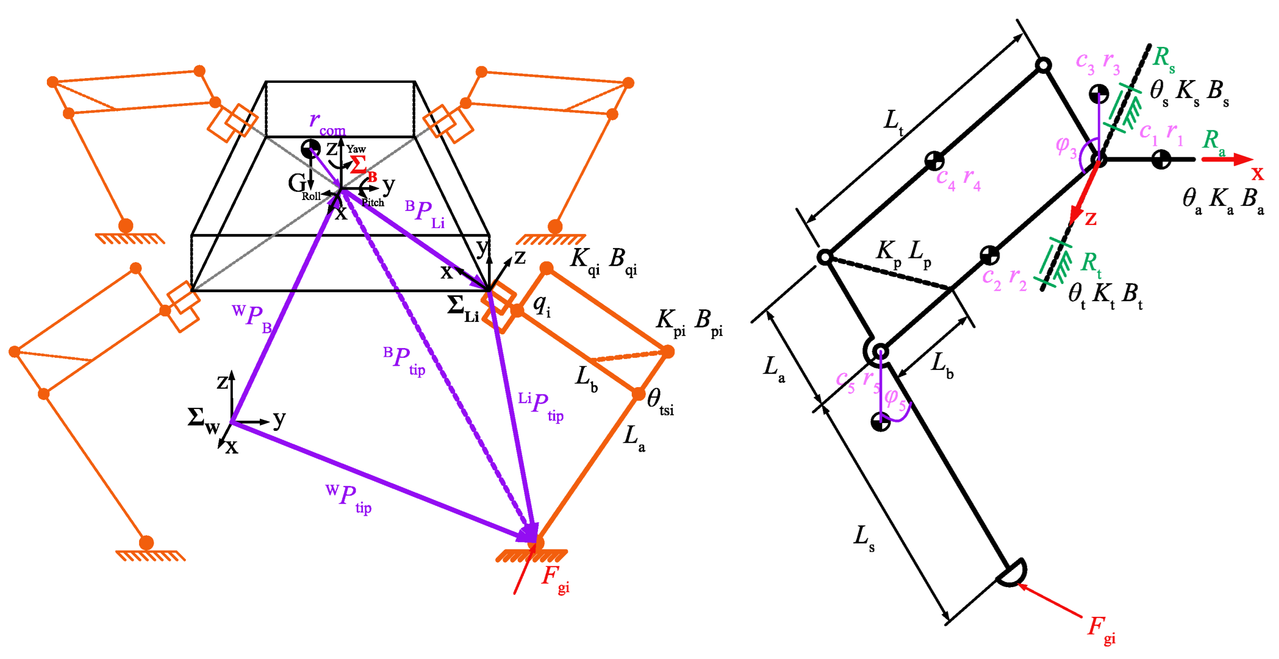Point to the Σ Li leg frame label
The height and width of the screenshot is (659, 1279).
[462, 309]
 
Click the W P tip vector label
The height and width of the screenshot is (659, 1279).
[348, 498]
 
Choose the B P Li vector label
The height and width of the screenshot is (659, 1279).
[424, 214]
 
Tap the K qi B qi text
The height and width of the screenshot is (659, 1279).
[604, 260]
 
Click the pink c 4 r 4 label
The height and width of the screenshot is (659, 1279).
[958, 179]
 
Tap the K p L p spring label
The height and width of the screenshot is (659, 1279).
[903, 254]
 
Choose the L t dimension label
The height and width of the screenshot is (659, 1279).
[893, 122]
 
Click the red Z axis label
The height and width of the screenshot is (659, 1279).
[1090, 219]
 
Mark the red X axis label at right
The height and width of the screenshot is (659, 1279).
[1258, 173]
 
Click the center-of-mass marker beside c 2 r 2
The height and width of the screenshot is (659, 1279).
[989, 255]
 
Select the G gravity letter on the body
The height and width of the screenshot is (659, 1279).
[297, 183]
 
